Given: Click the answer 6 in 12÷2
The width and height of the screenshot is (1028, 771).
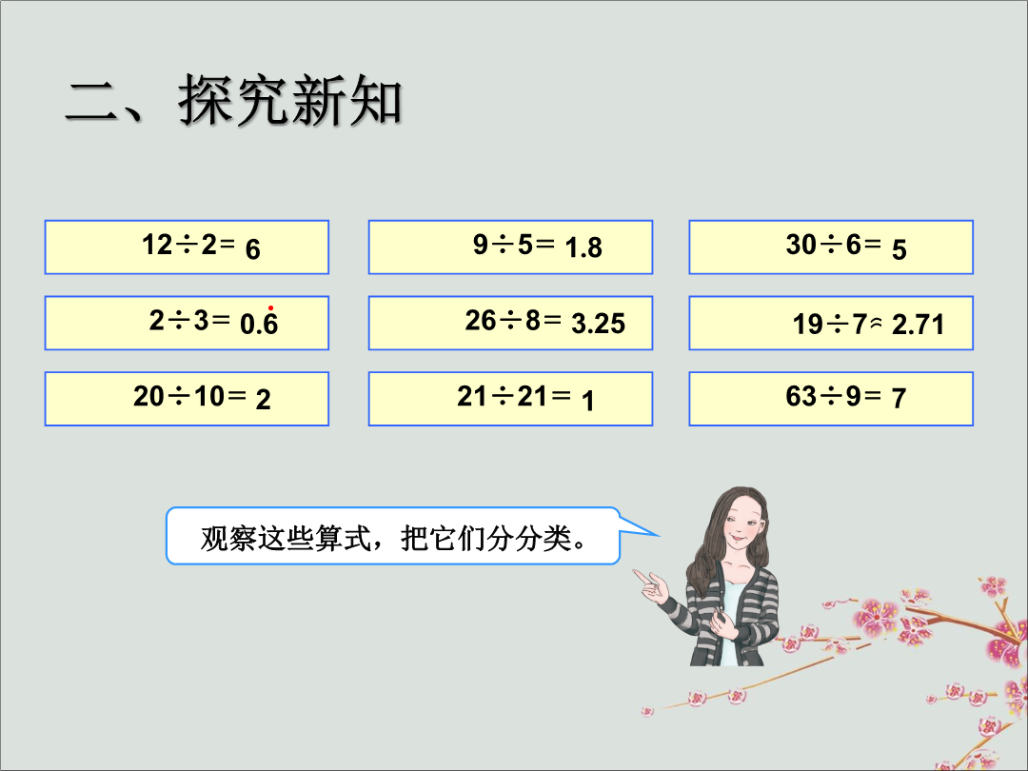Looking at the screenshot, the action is (x=253, y=249).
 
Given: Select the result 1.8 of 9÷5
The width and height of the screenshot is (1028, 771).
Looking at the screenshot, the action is (x=583, y=247).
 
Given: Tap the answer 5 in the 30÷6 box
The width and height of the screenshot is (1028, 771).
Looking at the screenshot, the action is (x=899, y=249).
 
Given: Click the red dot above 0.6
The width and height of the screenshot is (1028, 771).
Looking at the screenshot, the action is (x=270, y=308).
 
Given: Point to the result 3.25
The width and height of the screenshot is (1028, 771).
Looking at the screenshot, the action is (x=598, y=324).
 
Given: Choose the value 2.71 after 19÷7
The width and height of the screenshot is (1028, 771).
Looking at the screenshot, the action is (x=918, y=325).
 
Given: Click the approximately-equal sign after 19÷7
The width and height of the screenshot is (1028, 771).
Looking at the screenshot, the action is (x=876, y=323).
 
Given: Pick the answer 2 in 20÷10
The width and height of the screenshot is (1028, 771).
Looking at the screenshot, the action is (x=263, y=400).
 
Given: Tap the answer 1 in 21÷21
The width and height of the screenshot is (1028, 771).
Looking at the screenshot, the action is (x=588, y=401).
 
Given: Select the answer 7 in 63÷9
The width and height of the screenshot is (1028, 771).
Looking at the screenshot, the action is (x=899, y=398).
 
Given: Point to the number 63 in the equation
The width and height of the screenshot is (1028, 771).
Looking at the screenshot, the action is (x=801, y=396).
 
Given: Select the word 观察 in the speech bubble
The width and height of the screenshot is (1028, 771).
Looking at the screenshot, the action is (x=228, y=539).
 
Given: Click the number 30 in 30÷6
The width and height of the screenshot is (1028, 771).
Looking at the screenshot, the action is (x=801, y=245).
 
